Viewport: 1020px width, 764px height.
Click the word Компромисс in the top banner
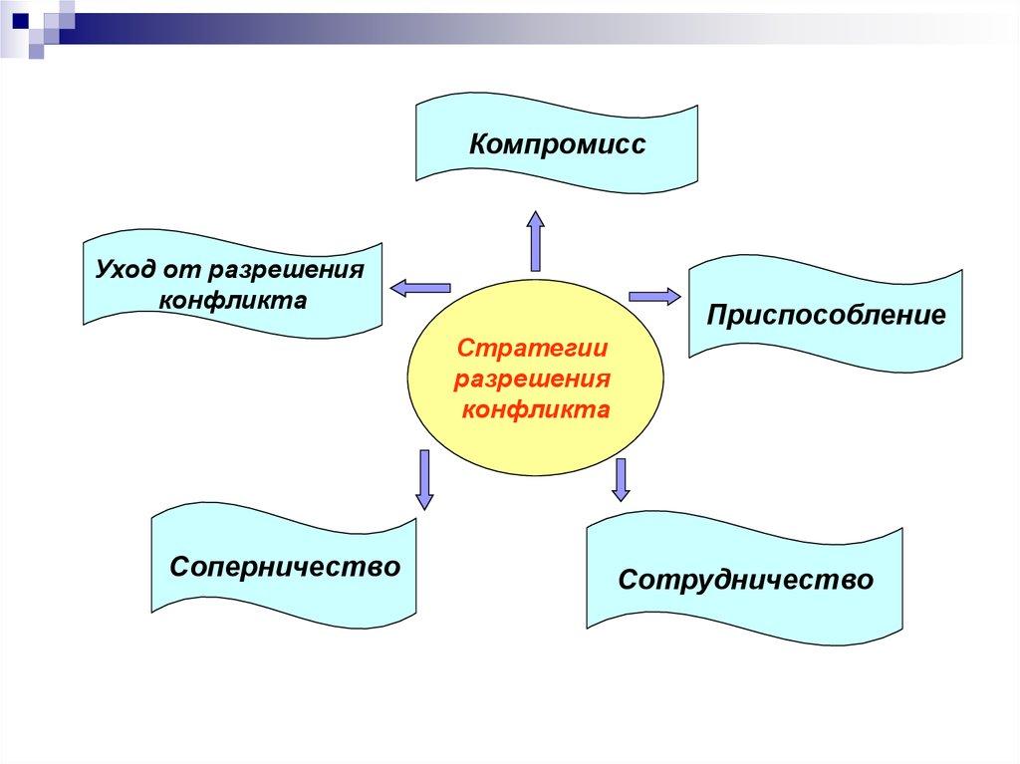pyautogui.click(x=558, y=145)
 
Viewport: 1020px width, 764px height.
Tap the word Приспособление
pyautogui.click(x=826, y=316)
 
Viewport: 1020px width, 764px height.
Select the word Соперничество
pyautogui.click(x=285, y=567)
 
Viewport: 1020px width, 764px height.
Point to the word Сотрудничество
pyautogui.click(x=745, y=579)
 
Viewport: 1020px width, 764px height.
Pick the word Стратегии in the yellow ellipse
pyautogui.click(x=532, y=353)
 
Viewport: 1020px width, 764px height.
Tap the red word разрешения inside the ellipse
pyautogui.click(x=532, y=381)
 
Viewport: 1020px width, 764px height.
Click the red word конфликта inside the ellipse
pyautogui.click(x=535, y=408)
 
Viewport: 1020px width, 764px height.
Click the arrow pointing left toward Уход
pyautogui.click(x=420, y=287)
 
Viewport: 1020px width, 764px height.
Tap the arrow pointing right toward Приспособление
pyautogui.click(x=653, y=295)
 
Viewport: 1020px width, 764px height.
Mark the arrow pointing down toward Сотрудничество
pyautogui.click(x=622, y=479)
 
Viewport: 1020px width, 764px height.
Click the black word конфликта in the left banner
pyautogui.click(x=232, y=299)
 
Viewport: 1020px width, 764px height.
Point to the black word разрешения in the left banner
pyautogui.click(x=293, y=270)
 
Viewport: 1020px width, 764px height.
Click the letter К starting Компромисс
pyautogui.click(x=479, y=145)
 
